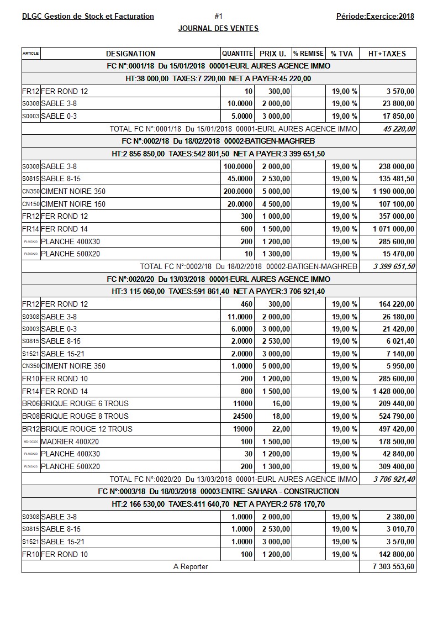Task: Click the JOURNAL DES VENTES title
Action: [218, 28]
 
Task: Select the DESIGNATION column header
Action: [130, 54]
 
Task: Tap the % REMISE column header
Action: [308, 54]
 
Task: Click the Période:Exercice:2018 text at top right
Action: [375, 16]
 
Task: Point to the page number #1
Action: [218, 16]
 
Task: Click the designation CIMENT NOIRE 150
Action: [73, 204]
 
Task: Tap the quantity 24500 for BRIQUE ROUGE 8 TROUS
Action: [241, 416]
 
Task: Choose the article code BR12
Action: [31, 429]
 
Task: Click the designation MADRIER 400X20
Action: [70, 442]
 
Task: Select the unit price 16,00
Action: [281, 404]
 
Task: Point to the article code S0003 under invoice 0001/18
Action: [31, 116]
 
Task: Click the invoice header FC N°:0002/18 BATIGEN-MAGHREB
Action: [218, 141]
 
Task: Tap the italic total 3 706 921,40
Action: [394, 479]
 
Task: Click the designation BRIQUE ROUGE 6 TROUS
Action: [85, 404]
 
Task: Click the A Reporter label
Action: [191, 567]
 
